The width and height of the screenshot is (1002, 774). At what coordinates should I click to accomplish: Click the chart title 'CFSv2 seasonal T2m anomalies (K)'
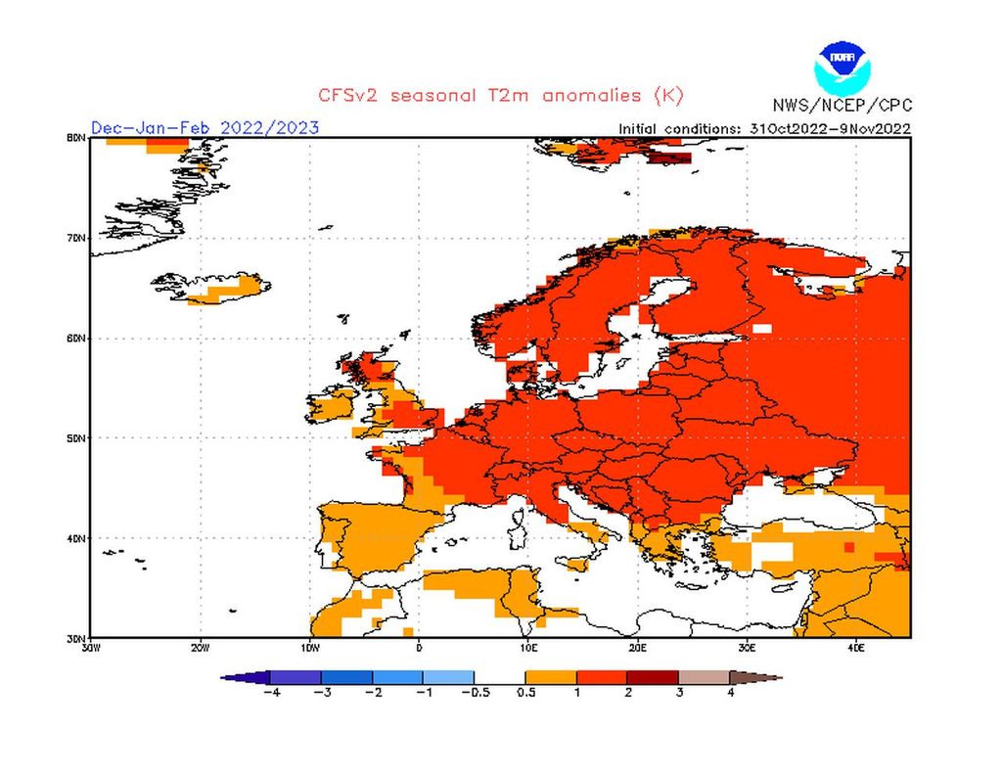pyautogui.click(x=500, y=96)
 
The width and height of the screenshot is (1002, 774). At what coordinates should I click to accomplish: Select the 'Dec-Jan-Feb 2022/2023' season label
pyautogui.click(x=205, y=128)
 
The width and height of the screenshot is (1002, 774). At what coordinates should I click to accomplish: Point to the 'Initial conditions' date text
pyautogui.click(x=764, y=128)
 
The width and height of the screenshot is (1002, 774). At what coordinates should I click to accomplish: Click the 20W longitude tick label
pyautogui.click(x=200, y=647)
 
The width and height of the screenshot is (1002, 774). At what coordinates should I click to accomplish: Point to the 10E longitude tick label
pyautogui.click(x=527, y=647)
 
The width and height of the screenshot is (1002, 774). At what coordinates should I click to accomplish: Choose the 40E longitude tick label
pyautogui.click(x=855, y=647)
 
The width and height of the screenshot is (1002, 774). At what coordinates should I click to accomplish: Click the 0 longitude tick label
pyautogui.click(x=419, y=647)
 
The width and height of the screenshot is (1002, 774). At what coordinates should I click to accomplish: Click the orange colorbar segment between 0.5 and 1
pyautogui.click(x=551, y=676)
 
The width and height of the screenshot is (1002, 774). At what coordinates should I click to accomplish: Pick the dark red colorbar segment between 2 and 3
pyautogui.click(x=653, y=676)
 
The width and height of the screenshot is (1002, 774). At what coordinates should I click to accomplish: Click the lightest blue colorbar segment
pyautogui.click(x=449, y=676)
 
